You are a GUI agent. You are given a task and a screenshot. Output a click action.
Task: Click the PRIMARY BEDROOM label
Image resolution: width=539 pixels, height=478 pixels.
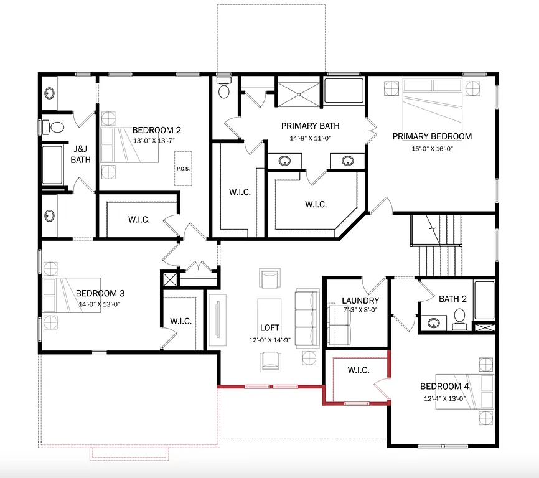click(432, 136)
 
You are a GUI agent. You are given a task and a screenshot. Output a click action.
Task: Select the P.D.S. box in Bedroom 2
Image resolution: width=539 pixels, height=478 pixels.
click(183, 168)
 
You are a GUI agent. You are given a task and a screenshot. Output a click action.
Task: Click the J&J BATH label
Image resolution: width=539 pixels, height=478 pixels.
click(80, 154)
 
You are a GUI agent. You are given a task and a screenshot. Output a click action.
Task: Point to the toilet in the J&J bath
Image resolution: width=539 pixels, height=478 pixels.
click(56, 127)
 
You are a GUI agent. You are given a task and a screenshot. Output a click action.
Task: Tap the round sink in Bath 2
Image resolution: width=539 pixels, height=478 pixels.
click(434, 323)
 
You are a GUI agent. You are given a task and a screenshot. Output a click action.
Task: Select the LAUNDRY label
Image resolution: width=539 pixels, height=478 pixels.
click(360, 300)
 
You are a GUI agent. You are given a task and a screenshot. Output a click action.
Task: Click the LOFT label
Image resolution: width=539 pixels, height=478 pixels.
click(269, 328)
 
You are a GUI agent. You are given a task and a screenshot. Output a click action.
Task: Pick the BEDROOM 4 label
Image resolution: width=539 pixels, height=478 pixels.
click(444, 386)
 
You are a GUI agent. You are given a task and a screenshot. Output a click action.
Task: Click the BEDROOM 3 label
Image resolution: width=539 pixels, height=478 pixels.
click(100, 293)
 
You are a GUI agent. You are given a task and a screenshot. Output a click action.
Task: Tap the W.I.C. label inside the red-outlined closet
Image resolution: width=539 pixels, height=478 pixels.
click(359, 370)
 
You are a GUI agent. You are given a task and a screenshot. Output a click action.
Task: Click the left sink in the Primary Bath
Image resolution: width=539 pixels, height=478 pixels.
click(284, 161)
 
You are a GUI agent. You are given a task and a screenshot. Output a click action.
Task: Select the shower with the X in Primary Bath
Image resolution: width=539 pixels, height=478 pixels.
click(298, 91)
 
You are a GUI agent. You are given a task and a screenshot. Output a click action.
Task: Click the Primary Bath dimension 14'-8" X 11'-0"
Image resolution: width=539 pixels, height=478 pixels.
click(310, 138)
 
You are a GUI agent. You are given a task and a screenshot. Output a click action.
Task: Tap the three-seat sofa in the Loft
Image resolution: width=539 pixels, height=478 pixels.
click(306, 318)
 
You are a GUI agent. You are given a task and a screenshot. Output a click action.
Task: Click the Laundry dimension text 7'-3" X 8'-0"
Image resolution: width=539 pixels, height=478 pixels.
click(360, 309)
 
